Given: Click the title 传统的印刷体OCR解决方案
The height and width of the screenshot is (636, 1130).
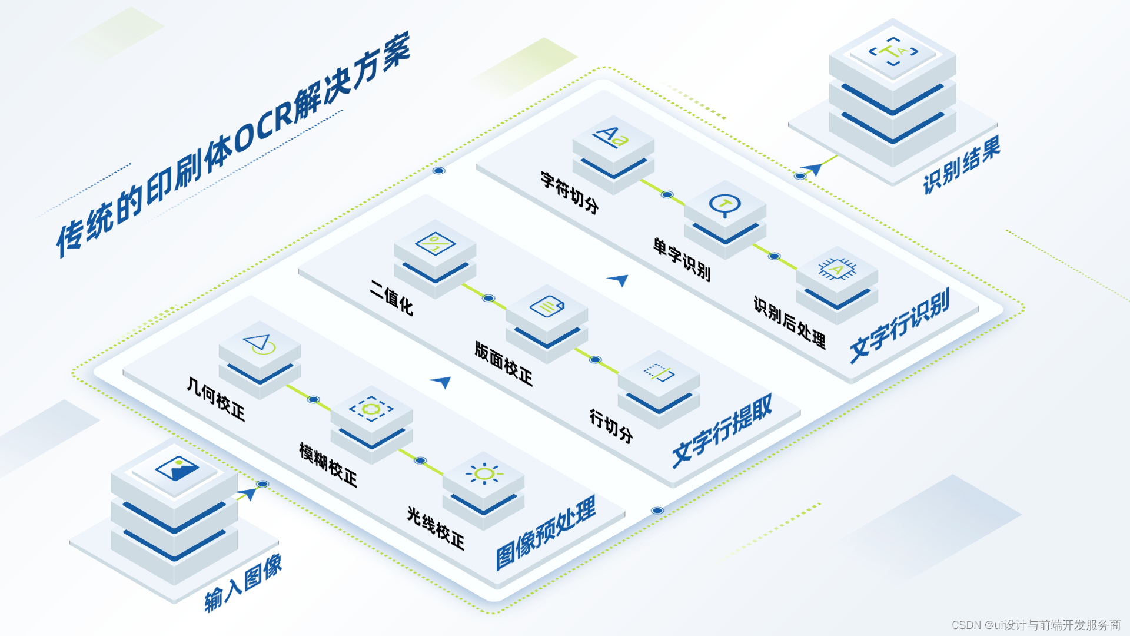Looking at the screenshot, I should click(232, 144).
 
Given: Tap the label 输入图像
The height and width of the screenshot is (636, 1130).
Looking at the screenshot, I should click(243, 584).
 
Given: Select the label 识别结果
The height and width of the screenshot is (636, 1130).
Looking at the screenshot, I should click(961, 165).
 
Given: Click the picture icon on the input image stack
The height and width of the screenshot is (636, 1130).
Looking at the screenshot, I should click(177, 469).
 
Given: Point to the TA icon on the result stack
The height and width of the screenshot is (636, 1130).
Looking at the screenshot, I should click(893, 52).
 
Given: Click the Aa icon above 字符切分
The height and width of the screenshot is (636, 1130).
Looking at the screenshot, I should click(612, 137).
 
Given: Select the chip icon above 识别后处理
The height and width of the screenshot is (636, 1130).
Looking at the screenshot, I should click(837, 269).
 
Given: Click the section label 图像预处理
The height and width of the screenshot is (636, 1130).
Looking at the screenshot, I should click(546, 534).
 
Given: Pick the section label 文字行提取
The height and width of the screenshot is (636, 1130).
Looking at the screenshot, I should click(722, 431).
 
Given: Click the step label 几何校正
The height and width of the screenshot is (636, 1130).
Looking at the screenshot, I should click(216, 399).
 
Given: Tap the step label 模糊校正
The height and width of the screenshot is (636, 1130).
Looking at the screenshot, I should click(328, 465).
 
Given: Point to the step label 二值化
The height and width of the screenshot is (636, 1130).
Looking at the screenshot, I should click(391, 298).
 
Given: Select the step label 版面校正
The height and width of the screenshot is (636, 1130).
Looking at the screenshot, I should click(503, 363).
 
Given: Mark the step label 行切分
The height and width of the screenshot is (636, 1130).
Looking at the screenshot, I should click(611, 426).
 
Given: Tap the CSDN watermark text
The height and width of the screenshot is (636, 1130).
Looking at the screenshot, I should click(1036, 624).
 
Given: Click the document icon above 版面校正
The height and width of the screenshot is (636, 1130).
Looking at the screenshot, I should click(547, 307).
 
